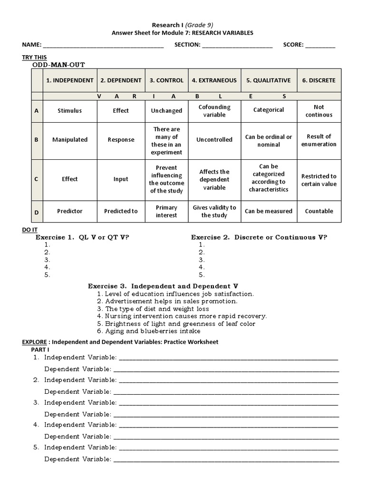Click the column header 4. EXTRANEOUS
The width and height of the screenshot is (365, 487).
point(214,80)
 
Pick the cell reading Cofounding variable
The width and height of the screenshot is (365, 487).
point(214,111)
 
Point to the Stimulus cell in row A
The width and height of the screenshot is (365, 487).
point(70,111)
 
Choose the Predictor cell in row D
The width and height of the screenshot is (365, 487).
point(70,211)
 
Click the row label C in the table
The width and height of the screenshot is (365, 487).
point(37,179)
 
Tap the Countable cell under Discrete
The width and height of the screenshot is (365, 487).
point(319,211)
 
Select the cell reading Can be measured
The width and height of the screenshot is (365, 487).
point(269,211)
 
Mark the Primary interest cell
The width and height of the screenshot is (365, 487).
point(166,211)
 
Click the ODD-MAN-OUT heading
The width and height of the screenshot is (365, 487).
point(58,65)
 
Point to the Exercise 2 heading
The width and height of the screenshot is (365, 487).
point(259,237)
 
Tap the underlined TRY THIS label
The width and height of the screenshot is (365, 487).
point(34,57)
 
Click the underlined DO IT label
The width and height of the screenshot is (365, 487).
point(29,230)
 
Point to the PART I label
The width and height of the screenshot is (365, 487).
point(34,350)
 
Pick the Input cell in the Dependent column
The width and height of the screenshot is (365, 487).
point(121,179)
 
